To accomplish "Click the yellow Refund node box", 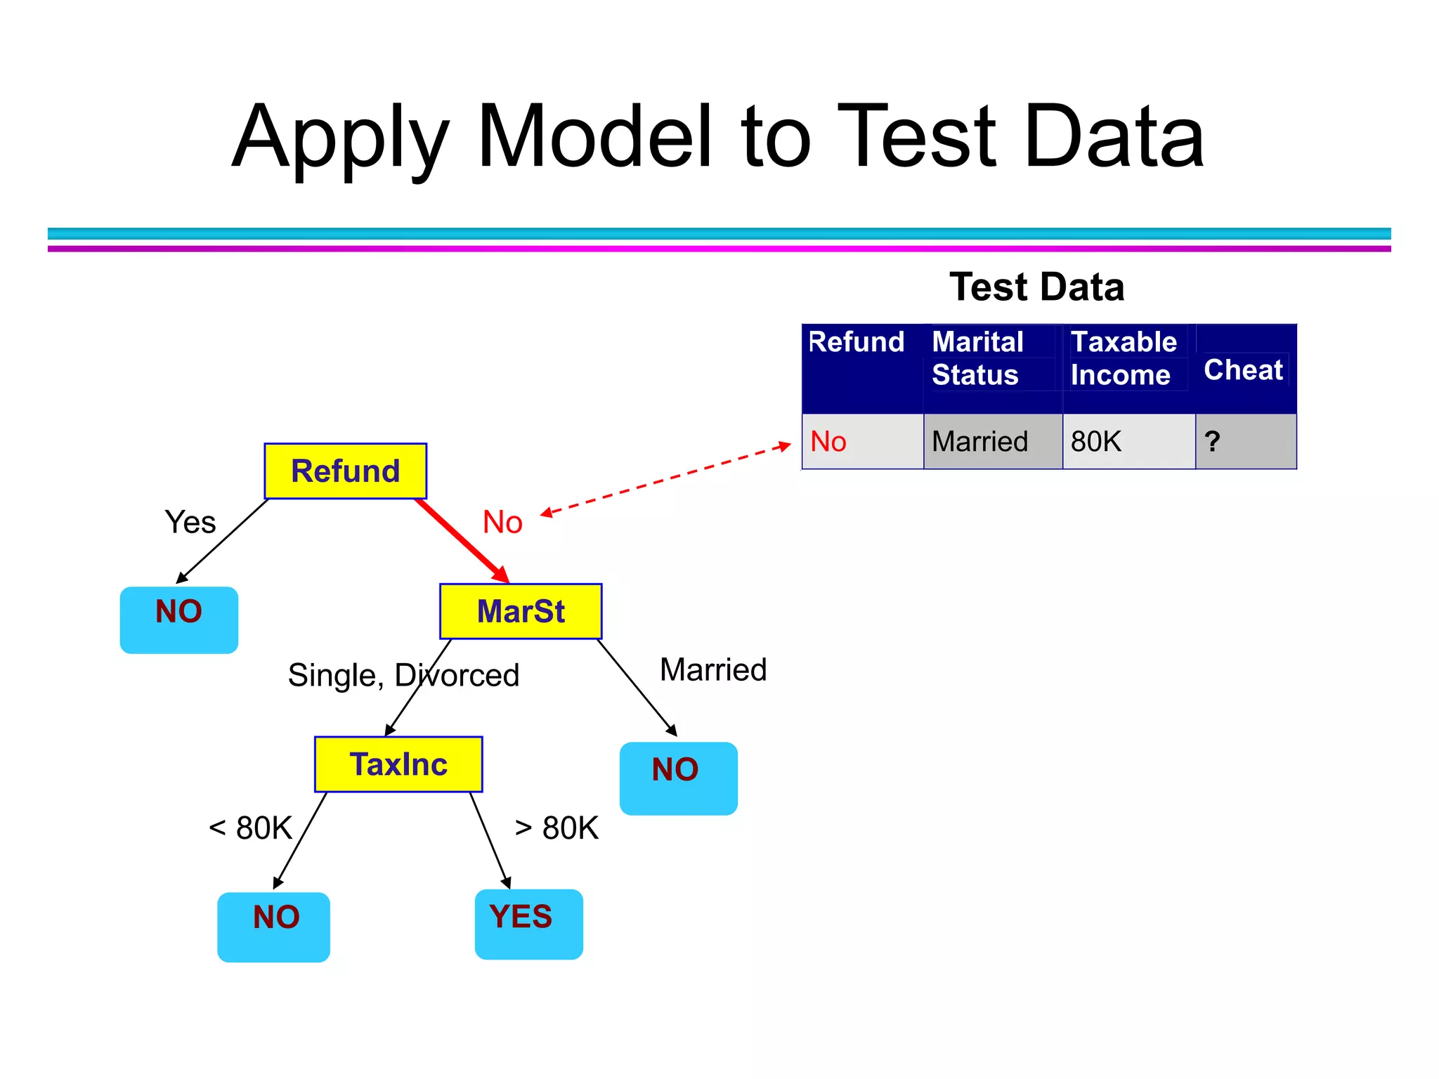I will [345, 471].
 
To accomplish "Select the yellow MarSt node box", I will [521, 611].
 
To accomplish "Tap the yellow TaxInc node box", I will [398, 764].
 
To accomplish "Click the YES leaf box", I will [528, 923].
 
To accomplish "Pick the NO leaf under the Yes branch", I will [179, 620].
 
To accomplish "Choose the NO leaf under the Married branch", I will [678, 778].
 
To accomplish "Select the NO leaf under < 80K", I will [273, 926].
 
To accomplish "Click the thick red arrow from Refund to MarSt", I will [462, 541].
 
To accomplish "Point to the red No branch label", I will [502, 523].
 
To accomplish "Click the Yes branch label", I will [190, 523].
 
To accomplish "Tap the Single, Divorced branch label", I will [403, 675].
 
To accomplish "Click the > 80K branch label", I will [556, 828].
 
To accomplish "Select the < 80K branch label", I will [250, 828].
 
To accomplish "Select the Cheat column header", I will [1244, 370].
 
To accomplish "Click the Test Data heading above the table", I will [1036, 287].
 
